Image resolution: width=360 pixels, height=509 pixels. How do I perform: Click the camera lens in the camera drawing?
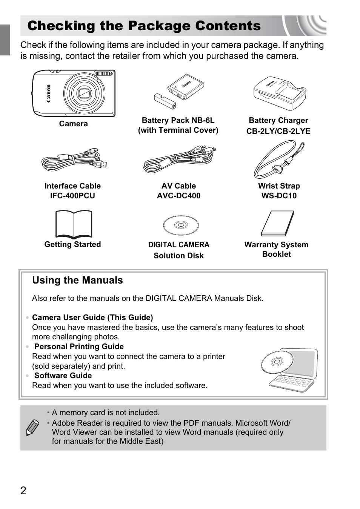[x=84, y=93]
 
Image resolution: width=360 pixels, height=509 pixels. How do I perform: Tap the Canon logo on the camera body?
[x=48, y=93]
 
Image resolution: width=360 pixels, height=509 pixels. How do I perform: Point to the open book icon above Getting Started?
[x=74, y=224]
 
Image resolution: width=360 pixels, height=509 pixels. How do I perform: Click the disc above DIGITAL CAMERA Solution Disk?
[x=181, y=225]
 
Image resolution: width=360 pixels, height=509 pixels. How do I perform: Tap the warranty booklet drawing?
[x=277, y=223]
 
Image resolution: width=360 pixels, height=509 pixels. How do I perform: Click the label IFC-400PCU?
[x=72, y=196]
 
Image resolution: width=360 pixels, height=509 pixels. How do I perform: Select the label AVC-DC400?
[x=178, y=196]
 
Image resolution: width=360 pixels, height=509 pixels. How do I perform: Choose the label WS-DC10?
[x=279, y=196]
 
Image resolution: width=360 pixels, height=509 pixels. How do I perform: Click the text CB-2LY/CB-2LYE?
[x=278, y=131]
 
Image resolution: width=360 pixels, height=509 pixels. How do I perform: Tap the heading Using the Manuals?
[x=77, y=280]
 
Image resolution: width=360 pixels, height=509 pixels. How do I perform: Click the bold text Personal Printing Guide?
[x=79, y=346]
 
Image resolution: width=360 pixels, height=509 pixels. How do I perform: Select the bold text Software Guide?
[x=63, y=376]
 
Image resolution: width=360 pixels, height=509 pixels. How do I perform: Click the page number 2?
[x=23, y=491]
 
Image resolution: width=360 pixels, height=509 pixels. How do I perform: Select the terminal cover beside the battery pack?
[x=165, y=101]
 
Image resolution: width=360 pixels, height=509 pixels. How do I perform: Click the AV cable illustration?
[x=179, y=159]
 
